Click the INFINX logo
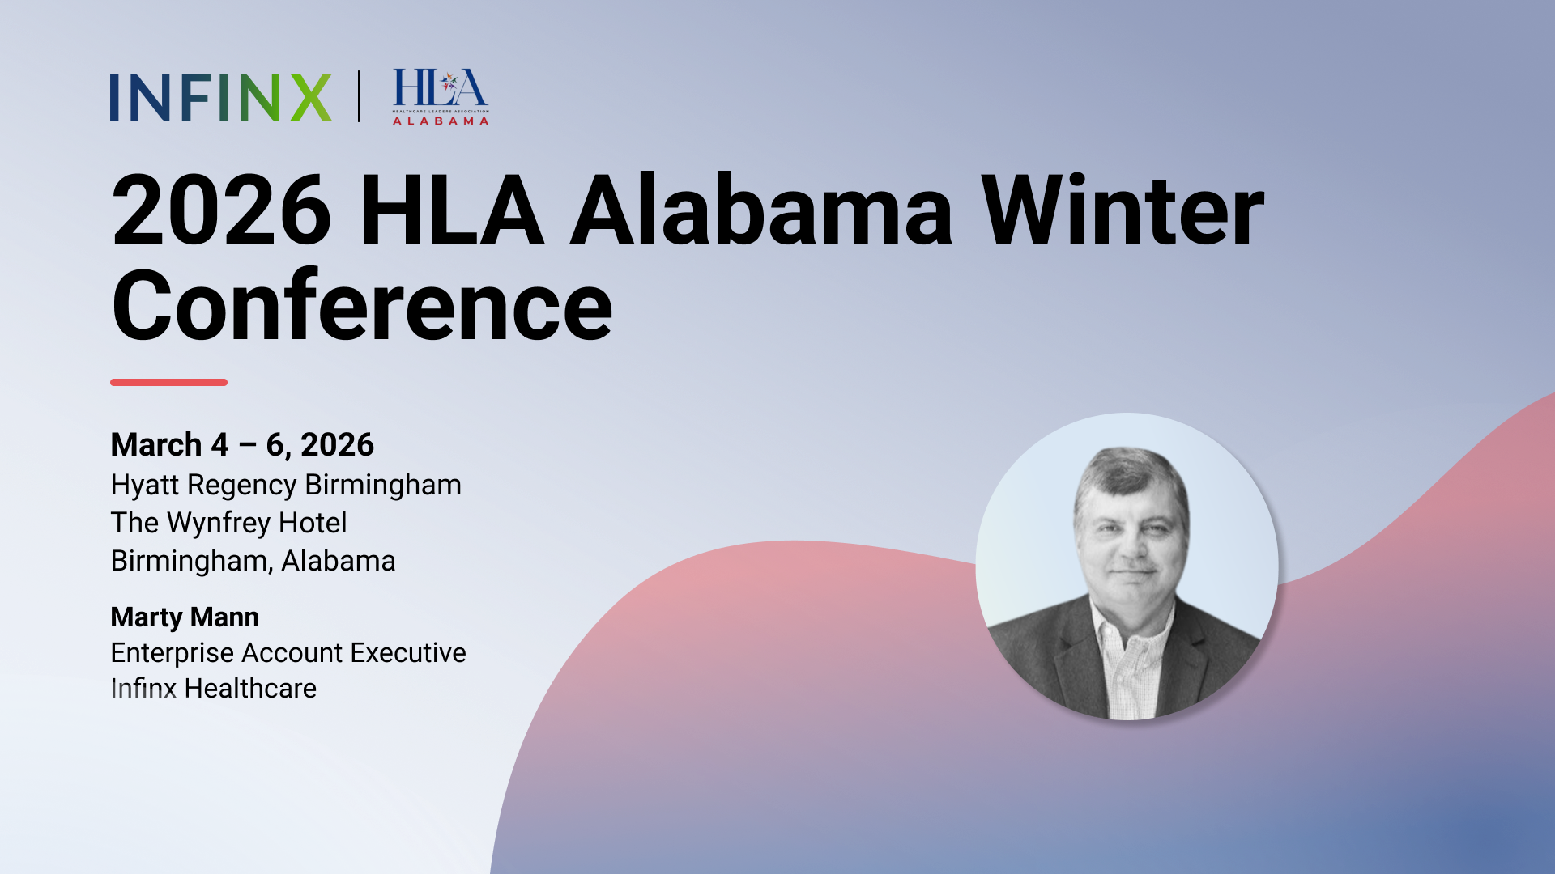(220, 98)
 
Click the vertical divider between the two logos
(359, 96)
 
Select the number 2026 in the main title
(221, 212)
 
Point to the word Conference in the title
(362, 308)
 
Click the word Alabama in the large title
(761, 212)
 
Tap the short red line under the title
(168, 382)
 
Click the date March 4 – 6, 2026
(242, 445)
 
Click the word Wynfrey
(218, 524)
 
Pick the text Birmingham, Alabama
(253, 561)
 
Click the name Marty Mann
(185, 617)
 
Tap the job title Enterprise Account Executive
(288, 653)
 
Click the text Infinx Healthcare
(213, 689)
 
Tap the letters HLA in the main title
(450, 212)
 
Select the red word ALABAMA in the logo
(441, 121)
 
